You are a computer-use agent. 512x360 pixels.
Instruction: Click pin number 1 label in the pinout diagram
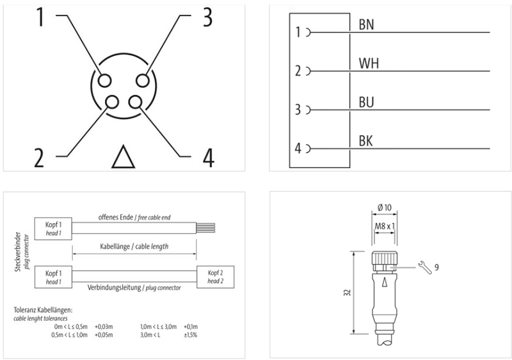click(x=40, y=17)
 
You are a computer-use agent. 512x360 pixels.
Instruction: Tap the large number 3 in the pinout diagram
click(x=207, y=17)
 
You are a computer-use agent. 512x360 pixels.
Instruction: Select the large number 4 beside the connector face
click(x=208, y=157)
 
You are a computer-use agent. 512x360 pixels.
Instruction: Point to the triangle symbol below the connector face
click(x=124, y=157)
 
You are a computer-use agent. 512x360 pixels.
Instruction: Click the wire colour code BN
click(x=367, y=25)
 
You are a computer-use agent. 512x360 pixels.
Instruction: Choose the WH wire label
click(x=369, y=63)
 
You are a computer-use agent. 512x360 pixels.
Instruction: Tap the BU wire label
click(x=367, y=102)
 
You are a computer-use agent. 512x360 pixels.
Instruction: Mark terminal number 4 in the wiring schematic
click(x=298, y=149)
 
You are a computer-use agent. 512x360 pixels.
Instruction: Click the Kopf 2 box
click(x=217, y=277)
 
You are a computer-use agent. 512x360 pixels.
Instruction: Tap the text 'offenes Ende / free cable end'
click(x=134, y=217)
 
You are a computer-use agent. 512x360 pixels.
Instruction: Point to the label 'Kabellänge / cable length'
click(x=135, y=247)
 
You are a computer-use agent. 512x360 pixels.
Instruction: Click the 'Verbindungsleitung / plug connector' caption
click(x=134, y=288)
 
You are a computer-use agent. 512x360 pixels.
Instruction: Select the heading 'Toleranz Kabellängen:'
click(x=43, y=311)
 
